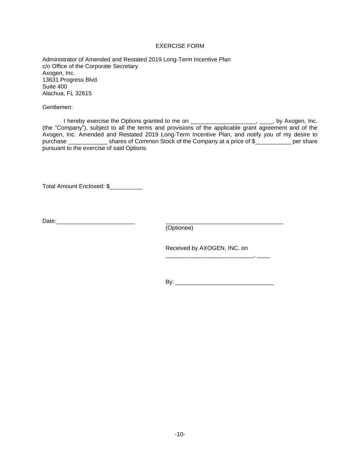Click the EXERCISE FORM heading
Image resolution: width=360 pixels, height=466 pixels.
click(x=180, y=46)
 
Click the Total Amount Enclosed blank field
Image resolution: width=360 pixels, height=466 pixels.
click(x=126, y=187)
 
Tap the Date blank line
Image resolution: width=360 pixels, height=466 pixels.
click(x=96, y=222)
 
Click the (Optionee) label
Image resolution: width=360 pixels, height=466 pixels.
click(x=179, y=228)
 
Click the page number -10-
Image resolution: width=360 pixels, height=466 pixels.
click(x=180, y=434)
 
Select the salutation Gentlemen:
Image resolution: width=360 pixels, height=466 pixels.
click(x=57, y=107)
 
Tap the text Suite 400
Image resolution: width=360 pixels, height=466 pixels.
click(x=55, y=87)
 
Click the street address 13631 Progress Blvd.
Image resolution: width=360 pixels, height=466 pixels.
click(x=70, y=80)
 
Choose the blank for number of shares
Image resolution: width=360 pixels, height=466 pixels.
click(x=88, y=142)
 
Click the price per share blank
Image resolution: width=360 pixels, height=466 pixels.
click(x=273, y=142)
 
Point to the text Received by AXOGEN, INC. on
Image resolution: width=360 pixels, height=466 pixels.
click(x=206, y=248)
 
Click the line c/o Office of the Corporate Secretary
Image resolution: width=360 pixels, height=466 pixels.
click(x=90, y=66)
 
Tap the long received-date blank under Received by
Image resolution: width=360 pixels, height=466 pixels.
click(x=210, y=257)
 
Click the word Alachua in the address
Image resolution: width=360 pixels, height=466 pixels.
click(x=53, y=94)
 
